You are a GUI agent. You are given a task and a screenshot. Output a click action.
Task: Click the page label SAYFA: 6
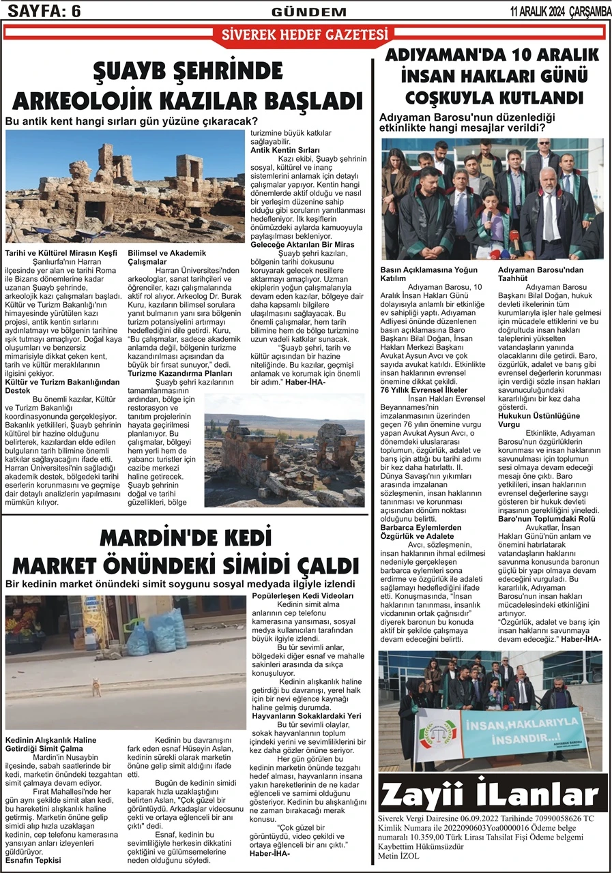pos(44,11)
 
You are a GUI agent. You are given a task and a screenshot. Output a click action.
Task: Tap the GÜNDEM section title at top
pos(309,12)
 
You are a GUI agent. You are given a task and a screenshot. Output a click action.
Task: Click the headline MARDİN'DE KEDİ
pos(186,539)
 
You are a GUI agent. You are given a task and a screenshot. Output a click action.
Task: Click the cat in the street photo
pos(96,687)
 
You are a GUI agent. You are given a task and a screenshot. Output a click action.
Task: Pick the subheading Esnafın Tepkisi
pos(33,860)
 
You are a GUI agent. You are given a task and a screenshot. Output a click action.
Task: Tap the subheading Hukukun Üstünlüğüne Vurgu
pos(539,420)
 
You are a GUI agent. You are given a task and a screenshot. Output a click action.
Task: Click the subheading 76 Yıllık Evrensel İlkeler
pos(424,389)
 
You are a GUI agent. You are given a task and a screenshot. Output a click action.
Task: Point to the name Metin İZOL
pos(399,856)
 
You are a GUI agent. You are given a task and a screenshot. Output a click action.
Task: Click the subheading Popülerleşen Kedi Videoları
pos(302,596)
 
